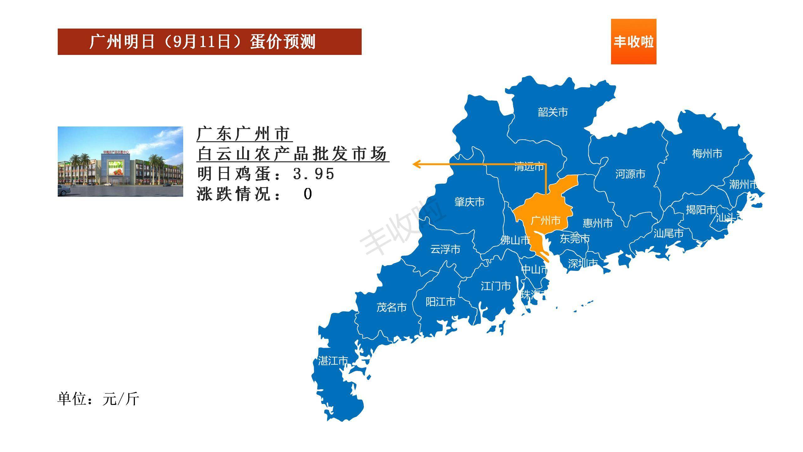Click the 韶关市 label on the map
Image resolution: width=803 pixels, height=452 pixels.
click(553, 112)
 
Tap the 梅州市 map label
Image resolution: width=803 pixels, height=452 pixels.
click(707, 153)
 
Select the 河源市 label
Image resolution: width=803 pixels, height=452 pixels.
click(630, 174)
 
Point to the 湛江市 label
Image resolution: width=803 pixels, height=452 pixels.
click(333, 361)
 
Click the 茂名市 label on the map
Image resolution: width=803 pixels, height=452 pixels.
click(391, 307)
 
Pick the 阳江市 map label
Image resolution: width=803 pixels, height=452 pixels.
click(440, 302)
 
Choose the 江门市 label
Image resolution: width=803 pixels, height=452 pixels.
click(496, 286)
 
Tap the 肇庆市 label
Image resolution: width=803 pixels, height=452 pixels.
click(469, 202)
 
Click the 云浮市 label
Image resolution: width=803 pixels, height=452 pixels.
click(445, 249)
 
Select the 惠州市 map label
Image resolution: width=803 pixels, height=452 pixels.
click(598, 223)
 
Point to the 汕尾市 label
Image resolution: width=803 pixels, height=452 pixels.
click(668, 233)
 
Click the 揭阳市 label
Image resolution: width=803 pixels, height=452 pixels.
click(701, 210)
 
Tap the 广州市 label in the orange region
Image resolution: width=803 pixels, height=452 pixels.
click(545, 221)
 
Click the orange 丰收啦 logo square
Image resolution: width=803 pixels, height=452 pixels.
click(633, 41)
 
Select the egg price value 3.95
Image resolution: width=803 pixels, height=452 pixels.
click(314, 174)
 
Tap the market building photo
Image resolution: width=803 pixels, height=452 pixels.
click(120, 161)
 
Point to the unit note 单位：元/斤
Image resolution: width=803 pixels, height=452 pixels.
click(98, 399)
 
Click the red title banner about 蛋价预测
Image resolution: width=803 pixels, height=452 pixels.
click(209, 42)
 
